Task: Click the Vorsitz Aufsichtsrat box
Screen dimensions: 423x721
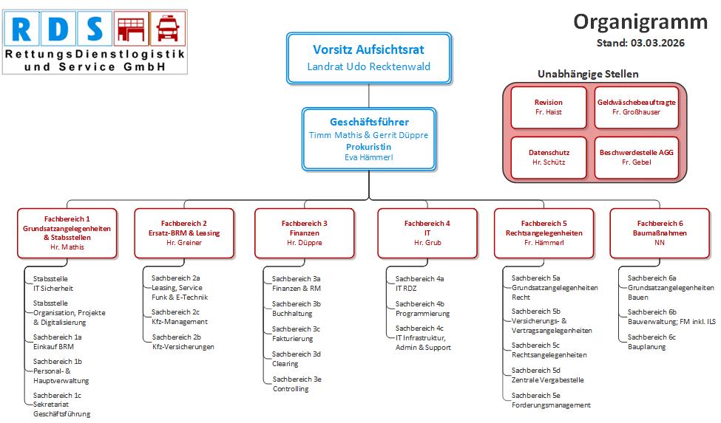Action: (368, 58)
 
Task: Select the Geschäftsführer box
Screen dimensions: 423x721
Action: (368, 139)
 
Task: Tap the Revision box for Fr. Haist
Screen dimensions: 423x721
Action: (548, 107)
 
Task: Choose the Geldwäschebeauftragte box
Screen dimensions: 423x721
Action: (636, 107)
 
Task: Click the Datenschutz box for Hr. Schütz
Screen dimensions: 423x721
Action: (548, 157)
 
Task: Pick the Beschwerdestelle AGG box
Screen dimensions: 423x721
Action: (636, 157)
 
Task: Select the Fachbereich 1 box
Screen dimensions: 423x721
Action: (67, 233)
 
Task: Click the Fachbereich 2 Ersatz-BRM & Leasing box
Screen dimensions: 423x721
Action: (183, 233)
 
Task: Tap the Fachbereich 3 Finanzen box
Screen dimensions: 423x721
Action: (304, 233)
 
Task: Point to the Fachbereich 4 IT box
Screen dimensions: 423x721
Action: (427, 233)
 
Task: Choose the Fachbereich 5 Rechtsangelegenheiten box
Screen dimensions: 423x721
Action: (544, 233)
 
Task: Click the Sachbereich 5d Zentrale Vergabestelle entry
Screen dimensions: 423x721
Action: (547, 375)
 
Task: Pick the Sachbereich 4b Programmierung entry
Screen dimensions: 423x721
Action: (422, 309)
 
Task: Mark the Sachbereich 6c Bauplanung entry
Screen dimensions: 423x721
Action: (651, 342)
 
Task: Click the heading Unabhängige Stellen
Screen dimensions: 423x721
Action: (588, 74)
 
